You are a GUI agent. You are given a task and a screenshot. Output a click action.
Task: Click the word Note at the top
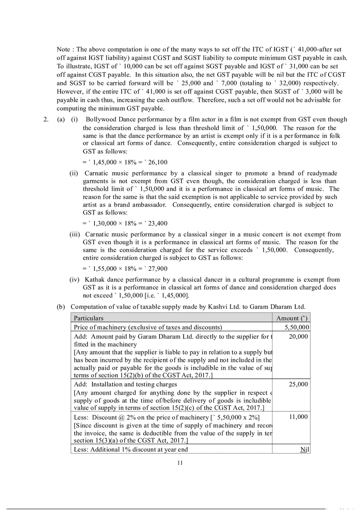pyautogui.click(x=64, y=49)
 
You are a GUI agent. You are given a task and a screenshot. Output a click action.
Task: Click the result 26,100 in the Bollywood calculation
pyautogui.click(x=158, y=162)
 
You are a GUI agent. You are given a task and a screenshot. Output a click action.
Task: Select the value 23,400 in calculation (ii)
pyautogui.click(x=158, y=223)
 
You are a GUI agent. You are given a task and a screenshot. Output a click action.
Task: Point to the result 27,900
pyautogui.click(x=158, y=269)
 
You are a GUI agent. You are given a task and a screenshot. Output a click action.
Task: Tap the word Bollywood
pyautogui.click(x=100, y=119)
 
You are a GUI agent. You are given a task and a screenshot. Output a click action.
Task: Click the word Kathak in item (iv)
pyautogui.click(x=94, y=280)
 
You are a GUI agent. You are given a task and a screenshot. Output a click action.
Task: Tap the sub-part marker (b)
pyautogui.click(x=61, y=307)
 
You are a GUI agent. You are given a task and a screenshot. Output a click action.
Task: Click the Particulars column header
pyautogui.click(x=88, y=318)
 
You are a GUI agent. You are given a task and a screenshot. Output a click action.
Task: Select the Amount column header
pyautogui.click(x=292, y=318)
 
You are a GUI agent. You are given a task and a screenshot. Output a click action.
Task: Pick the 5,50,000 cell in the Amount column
pyautogui.click(x=297, y=327)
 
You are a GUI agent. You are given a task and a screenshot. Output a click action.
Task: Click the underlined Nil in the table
pyautogui.click(x=304, y=449)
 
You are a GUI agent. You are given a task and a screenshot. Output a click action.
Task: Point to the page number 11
pyautogui.click(x=180, y=463)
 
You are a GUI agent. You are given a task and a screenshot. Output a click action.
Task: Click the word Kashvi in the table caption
pyautogui.click(x=202, y=307)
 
